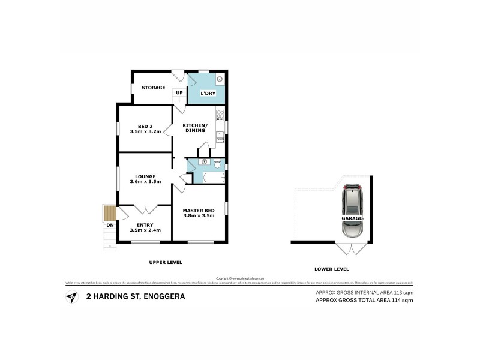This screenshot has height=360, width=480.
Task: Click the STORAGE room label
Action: tap(153, 88)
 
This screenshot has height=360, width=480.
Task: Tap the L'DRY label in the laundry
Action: tap(200, 93)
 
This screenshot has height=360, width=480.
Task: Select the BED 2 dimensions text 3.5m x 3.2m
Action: tap(145, 131)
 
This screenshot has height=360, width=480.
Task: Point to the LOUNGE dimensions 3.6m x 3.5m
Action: tap(145, 182)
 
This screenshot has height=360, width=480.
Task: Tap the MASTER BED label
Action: tap(199, 210)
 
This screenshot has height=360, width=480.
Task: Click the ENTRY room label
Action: tap(145, 225)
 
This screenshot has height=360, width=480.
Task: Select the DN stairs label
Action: tap(109, 225)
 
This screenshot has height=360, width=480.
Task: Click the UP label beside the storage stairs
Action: tap(179, 92)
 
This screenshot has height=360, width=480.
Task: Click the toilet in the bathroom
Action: tap(218, 164)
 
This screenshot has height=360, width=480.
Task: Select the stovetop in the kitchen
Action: tap(220, 115)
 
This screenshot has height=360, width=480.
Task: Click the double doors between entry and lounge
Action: tap(145, 209)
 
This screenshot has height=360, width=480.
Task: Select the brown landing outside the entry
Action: tap(109, 213)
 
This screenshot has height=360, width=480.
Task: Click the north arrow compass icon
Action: tap(71, 296)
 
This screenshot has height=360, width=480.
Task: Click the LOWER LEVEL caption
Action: tap(332, 269)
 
